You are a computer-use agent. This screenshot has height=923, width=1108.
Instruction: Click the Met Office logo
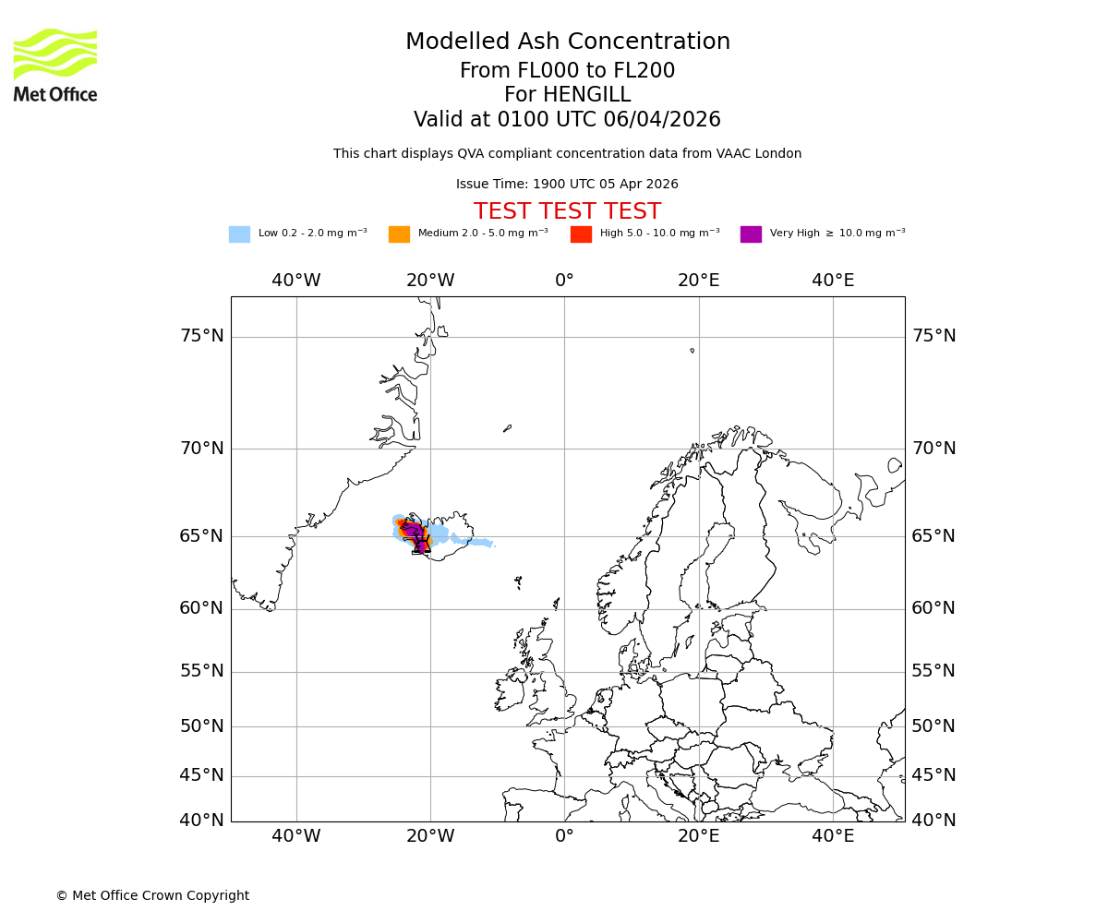[55, 65]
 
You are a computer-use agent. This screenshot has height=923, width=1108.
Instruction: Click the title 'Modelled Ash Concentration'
[567, 42]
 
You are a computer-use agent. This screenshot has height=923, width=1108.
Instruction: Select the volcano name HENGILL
[567, 95]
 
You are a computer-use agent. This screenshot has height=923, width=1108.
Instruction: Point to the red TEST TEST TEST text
[567, 212]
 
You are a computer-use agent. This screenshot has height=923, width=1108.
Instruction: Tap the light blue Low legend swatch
[239, 234]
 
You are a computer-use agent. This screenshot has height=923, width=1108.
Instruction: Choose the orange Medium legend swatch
[399, 234]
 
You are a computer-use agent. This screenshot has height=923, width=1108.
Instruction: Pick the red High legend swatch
[581, 234]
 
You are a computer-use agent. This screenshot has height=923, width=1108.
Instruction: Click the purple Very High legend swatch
[751, 234]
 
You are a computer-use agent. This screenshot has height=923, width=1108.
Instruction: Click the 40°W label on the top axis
[296, 281]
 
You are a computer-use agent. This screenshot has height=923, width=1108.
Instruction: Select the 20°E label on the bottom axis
[699, 836]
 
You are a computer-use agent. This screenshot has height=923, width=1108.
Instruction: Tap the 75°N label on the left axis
[201, 336]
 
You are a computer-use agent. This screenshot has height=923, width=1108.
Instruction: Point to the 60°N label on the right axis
[933, 608]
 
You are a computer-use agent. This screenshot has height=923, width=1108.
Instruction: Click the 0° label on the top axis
[564, 281]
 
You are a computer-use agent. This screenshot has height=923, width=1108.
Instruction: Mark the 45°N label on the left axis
[201, 775]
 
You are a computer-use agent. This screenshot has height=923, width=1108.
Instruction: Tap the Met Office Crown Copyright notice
[152, 895]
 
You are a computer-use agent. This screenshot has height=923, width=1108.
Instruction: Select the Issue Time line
[567, 185]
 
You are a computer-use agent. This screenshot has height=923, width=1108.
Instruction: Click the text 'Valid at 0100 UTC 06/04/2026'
[567, 120]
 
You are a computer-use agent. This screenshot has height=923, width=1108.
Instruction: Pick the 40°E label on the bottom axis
[833, 836]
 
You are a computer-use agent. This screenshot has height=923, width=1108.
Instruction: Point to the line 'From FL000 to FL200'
[567, 71]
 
